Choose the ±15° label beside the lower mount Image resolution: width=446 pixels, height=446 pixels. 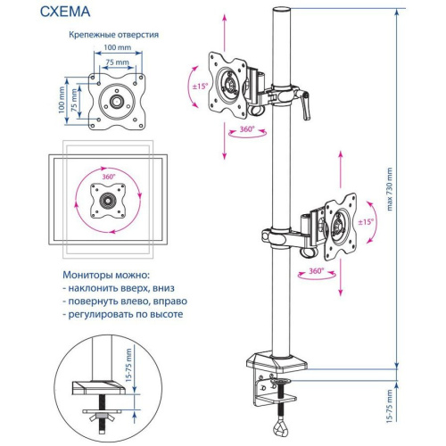pos(366,220)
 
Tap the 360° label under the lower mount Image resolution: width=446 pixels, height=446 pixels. pos(315,268)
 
